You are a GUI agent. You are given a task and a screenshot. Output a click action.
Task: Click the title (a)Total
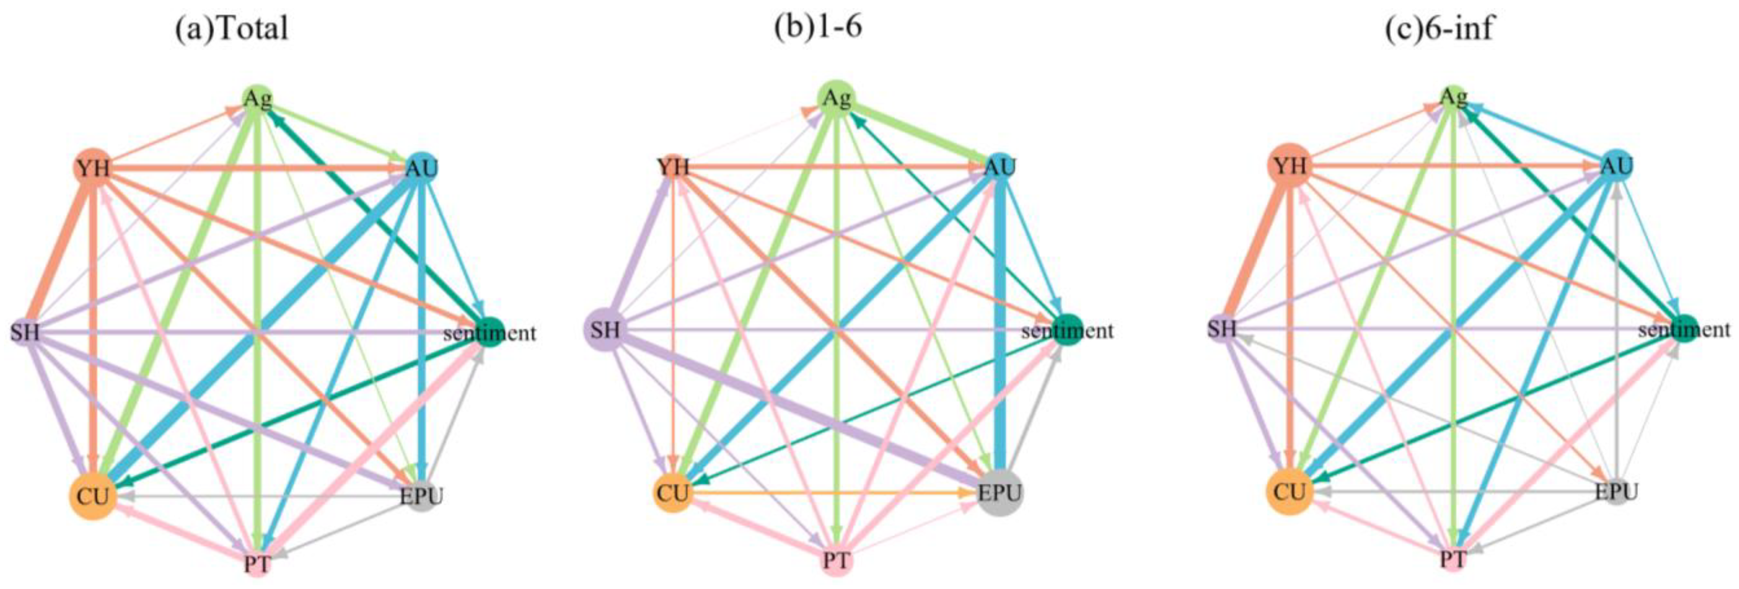tap(232, 29)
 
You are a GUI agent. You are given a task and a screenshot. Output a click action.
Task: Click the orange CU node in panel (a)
tap(92, 496)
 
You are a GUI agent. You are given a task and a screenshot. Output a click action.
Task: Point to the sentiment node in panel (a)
tap(491, 332)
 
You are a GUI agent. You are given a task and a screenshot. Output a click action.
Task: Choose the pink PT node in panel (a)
tap(257, 563)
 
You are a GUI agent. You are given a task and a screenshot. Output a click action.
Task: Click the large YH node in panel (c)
tap(1289, 166)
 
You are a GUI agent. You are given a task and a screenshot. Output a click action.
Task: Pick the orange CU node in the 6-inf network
tap(1289, 492)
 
